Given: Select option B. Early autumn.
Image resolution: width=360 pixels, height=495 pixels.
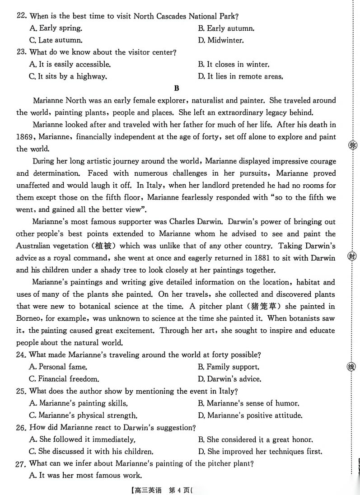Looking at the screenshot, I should click(x=225, y=28).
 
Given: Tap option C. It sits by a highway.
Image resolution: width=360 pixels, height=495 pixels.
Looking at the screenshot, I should click(x=68, y=76).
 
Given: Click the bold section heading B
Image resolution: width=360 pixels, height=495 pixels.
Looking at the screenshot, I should click(x=177, y=89).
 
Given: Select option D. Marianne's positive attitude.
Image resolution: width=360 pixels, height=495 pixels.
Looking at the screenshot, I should click(x=250, y=415).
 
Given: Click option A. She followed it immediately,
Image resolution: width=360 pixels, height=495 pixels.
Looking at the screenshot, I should click(x=82, y=439).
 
